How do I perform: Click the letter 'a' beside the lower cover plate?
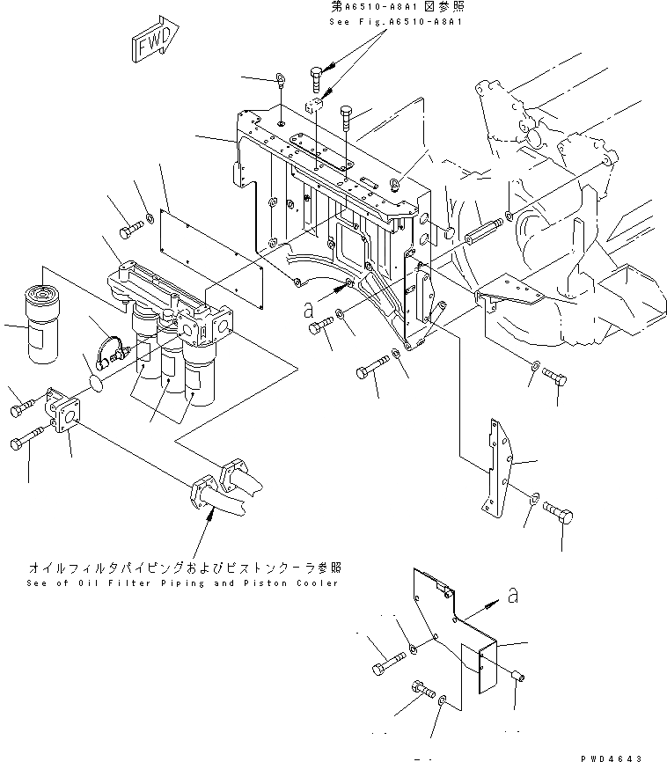click(511, 597)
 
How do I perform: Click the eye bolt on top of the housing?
click(279, 80)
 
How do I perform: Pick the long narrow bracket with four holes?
click(496, 466)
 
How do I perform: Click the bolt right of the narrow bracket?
click(557, 510)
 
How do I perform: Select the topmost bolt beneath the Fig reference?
click(318, 77)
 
